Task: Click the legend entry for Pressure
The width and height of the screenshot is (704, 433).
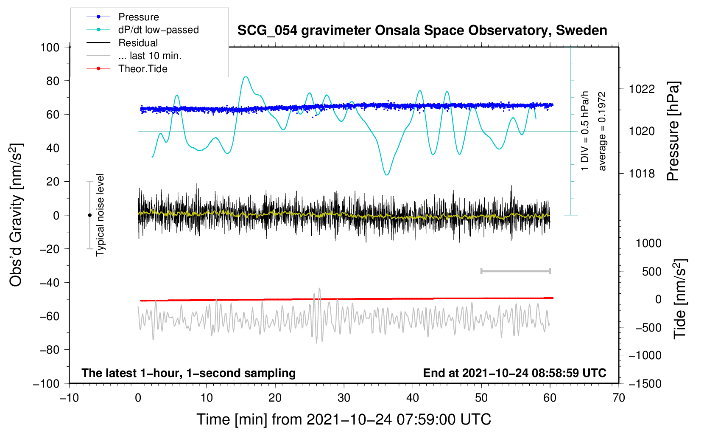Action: click(x=138, y=17)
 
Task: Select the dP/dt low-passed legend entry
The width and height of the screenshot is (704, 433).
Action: click(x=158, y=30)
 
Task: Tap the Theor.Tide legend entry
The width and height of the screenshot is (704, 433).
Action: click(x=142, y=69)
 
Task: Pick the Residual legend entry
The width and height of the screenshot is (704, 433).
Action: click(x=138, y=43)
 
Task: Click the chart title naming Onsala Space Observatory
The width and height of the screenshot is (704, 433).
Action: click(x=422, y=31)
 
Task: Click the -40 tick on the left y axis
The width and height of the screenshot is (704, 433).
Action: click(x=49, y=282)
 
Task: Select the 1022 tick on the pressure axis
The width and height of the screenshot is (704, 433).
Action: click(x=642, y=89)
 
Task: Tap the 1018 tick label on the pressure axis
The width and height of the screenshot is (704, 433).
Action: click(x=642, y=174)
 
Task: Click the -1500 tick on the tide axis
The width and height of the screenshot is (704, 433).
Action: click(x=645, y=384)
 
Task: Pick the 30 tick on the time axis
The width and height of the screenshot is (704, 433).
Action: click(x=344, y=398)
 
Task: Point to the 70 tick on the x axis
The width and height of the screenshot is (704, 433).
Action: click(x=619, y=398)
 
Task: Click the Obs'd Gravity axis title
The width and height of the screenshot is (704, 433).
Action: click(x=16, y=215)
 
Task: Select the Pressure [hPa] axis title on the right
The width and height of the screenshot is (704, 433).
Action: click(x=673, y=132)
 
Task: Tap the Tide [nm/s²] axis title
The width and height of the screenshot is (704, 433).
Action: click(x=680, y=299)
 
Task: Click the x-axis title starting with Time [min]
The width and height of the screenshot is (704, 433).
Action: click(x=344, y=419)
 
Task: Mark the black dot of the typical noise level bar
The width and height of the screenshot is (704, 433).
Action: click(x=89, y=215)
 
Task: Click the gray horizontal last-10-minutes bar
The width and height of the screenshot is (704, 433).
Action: click(x=515, y=271)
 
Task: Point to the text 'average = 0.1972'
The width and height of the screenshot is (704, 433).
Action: click(x=602, y=131)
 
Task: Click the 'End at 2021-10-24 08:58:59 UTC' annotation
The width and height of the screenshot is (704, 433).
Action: click(x=514, y=373)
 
